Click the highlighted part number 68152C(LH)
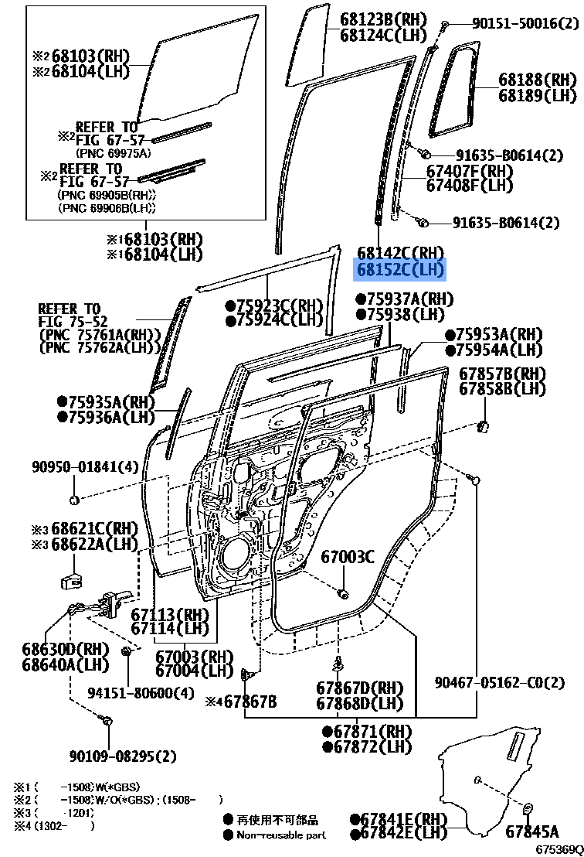click(x=400, y=270)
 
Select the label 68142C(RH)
click(x=400, y=253)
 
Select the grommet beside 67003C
click(x=343, y=593)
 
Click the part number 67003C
click(x=347, y=556)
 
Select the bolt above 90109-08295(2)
click(x=107, y=721)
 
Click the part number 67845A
click(x=531, y=831)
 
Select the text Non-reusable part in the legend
click(x=280, y=835)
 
